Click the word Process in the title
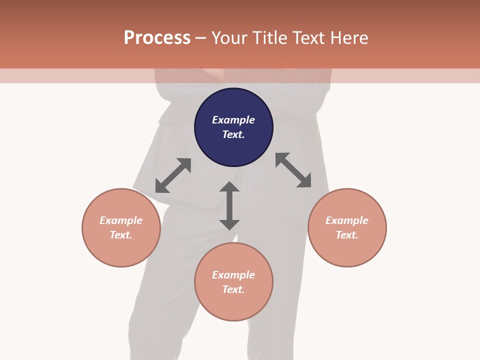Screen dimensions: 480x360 (157, 37)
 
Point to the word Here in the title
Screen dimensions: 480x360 (349, 38)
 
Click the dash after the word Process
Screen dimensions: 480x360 (200, 39)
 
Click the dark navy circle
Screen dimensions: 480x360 (233, 127)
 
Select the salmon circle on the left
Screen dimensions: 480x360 (121, 228)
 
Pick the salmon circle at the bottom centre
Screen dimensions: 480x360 (233, 282)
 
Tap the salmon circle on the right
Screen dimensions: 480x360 (347, 228)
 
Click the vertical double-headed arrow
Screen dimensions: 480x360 (229, 206)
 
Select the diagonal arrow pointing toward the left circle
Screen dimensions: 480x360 (173, 175)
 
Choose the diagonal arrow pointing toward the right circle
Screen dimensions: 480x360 (293, 170)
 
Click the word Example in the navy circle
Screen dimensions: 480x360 (233, 120)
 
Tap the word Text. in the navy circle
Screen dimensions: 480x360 (233, 134)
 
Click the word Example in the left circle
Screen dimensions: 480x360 (121, 220)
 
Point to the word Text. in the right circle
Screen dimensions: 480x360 (347, 235)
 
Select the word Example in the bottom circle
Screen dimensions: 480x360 (233, 275)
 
